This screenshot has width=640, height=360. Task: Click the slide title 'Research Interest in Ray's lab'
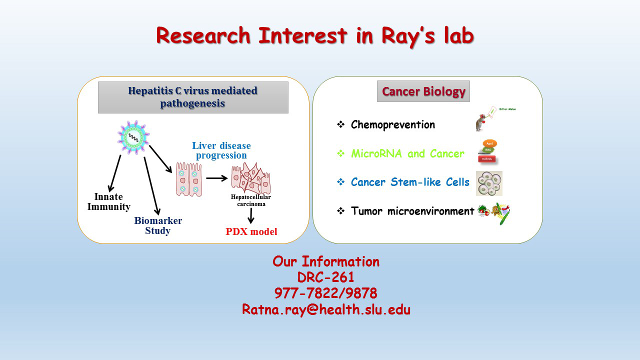[x=314, y=36]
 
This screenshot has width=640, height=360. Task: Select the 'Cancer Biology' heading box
[x=423, y=91]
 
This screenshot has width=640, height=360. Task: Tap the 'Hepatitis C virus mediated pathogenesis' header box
[x=193, y=97]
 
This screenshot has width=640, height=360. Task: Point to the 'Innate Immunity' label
[x=109, y=202]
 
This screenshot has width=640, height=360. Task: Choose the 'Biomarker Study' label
[x=158, y=225]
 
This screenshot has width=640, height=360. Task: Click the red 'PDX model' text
[x=251, y=231]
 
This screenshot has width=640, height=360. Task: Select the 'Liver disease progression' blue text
[x=221, y=150]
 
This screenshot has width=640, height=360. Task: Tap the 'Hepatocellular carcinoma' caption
[x=251, y=200]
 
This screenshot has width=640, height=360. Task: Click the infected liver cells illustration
[x=189, y=178]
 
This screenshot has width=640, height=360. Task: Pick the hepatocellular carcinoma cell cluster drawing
[x=250, y=178]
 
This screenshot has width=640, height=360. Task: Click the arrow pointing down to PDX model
[x=251, y=215]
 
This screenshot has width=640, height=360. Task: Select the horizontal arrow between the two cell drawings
[x=217, y=178]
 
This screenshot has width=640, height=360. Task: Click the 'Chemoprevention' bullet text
[x=392, y=125]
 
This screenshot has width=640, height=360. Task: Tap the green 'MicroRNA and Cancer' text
[x=407, y=154]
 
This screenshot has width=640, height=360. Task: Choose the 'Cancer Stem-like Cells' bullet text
[x=410, y=182]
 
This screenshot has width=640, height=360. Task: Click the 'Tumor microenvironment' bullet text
[x=412, y=211]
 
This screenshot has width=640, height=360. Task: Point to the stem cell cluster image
[x=489, y=183]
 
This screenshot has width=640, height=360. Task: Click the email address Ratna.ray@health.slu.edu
[x=326, y=309]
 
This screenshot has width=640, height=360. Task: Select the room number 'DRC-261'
[x=326, y=277]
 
